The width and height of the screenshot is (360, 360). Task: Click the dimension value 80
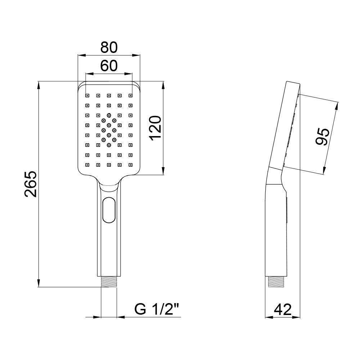point(109,47)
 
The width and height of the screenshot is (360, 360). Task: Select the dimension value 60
point(109,66)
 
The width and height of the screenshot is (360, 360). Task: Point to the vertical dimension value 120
point(154,129)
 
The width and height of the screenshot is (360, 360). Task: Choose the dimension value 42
point(282,309)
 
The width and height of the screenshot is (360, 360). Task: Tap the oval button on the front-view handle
point(109,210)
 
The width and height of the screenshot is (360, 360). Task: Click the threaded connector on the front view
point(109,282)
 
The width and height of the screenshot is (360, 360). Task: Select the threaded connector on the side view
point(277,282)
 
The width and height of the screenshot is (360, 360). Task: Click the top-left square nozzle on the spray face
point(87,95)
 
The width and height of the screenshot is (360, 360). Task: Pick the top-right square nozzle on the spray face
point(131,95)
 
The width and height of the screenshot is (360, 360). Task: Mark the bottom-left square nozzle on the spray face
point(87,165)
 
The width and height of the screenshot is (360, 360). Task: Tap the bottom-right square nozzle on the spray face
point(131,165)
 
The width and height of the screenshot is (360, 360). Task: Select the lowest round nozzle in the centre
point(109,145)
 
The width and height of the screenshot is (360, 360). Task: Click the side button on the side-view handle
point(286,210)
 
